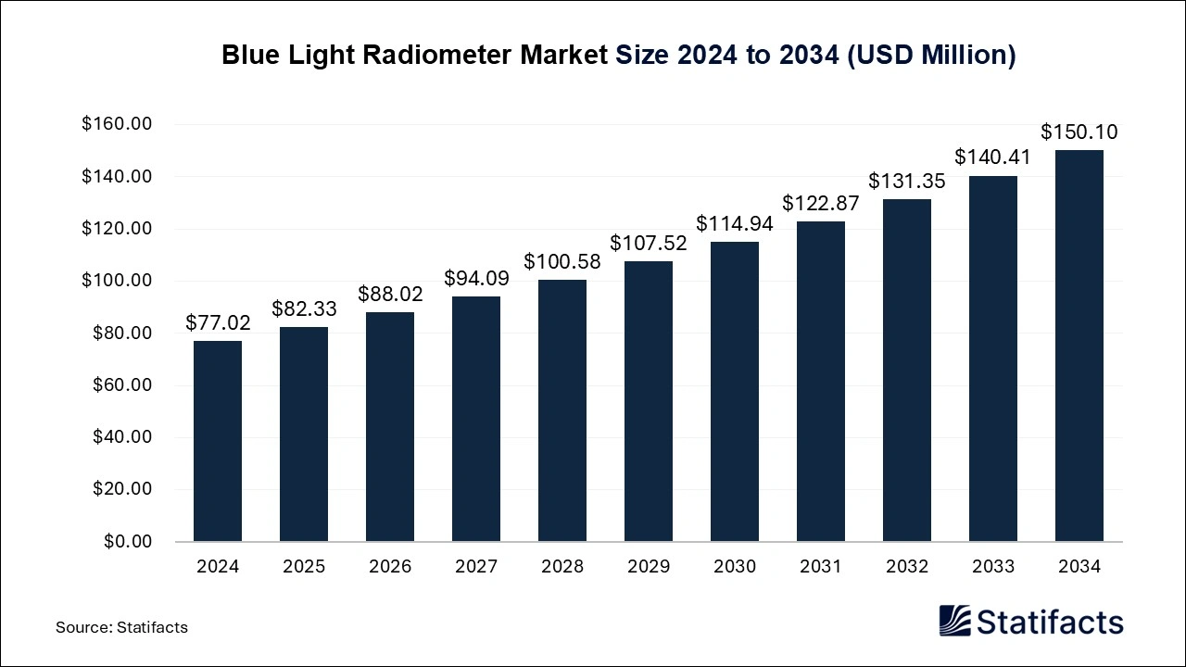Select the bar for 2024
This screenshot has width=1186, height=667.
[x=218, y=441]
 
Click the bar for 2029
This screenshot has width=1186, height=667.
[x=649, y=401]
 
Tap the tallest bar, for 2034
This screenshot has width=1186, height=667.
[x=1079, y=346]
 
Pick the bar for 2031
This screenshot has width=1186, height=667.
[x=821, y=381]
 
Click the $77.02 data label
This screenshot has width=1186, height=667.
[x=218, y=322]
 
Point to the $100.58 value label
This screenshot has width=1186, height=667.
[x=562, y=261]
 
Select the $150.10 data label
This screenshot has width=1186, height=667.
[x=1079, y=132]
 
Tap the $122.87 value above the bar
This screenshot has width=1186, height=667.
[x=821, y=203]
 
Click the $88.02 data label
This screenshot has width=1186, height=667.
[x=390, y=294]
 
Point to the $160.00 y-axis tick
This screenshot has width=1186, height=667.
[x=117, y=124]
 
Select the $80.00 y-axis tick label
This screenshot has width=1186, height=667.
[x=121, y=333]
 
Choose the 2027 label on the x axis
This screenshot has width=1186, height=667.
[x=476, y=566]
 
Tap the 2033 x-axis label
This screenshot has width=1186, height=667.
[x=993, y=566]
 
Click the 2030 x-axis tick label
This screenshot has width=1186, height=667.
[x=735, y=566]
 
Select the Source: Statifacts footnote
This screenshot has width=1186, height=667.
[x=121, y=627]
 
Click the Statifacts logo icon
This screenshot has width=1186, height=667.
[x=954, y=621]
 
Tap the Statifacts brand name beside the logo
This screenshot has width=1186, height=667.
[x=1050, y=622]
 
